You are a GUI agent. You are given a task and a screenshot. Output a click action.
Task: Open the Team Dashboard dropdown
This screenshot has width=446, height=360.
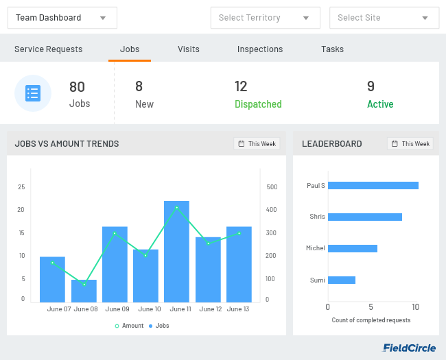(x=62, y=18)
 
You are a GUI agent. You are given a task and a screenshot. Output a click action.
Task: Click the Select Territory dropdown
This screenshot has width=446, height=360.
(x=265, y=18)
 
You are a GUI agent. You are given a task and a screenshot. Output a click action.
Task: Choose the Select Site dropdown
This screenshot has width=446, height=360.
(x=384, y=18)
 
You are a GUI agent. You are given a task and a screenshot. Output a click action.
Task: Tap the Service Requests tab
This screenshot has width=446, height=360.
(x=48, y=49)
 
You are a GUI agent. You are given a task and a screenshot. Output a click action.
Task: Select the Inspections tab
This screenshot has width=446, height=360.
(x=260, y=49)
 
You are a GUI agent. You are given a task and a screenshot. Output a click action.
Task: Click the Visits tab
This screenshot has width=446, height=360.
(x=189, y=49)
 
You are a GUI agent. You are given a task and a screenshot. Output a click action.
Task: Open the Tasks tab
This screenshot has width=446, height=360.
(x=332, y=49)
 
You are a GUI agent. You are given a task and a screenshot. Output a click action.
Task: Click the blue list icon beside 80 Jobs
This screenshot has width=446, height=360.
(x=33, y=93)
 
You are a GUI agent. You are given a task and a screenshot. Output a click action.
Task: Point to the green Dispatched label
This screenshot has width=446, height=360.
(x=258, y=104)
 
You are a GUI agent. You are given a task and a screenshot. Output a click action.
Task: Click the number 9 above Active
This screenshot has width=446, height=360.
(x=371, y=86)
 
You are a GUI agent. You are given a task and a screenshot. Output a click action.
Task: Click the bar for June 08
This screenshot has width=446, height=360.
(x=84, y=291)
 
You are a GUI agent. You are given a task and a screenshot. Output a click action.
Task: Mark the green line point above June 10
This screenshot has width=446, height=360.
(x=145, y=255)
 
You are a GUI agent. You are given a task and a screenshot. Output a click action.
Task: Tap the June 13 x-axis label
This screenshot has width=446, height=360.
(x=238, y=309)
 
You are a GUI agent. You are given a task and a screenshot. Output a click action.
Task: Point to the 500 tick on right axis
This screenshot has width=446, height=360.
(x=272, y=187)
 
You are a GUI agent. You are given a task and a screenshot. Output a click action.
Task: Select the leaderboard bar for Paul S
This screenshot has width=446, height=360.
(x=373, y=185)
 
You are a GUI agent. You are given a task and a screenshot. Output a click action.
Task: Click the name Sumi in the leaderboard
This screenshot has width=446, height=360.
(x=317, y=280)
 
